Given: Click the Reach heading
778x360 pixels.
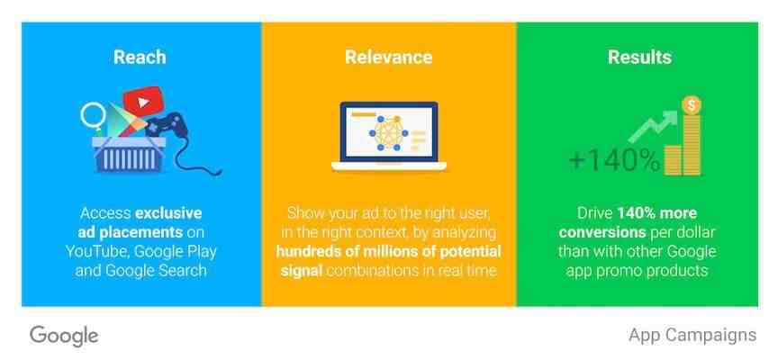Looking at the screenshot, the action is coord(140,57).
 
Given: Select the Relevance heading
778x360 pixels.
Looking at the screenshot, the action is coord(388,57).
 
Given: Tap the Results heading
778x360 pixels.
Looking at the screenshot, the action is coord(639,57).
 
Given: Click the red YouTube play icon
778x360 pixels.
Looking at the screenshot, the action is coord(143,102).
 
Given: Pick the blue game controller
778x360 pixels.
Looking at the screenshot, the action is coord(167,125).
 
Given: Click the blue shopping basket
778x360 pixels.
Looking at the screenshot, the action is coord(129,155).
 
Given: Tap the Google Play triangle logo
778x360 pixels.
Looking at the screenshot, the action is coord(121,121).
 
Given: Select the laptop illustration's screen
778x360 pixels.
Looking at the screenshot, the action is coord(388,131).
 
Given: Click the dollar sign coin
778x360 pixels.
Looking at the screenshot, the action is coord(692,105).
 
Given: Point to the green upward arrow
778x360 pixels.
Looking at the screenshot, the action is coord(654,125).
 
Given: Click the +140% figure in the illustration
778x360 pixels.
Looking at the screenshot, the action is coord(614,160).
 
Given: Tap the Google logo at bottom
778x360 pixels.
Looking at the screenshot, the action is coord(64,337).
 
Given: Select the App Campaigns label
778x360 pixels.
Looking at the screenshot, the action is coord(692,335).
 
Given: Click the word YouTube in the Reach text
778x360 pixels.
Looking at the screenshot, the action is coord(97,252).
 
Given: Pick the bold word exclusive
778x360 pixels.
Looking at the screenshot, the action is coord(168,213).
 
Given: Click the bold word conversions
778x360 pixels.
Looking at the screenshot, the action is coord(602,232).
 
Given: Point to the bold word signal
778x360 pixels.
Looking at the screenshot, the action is coord(302,271).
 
